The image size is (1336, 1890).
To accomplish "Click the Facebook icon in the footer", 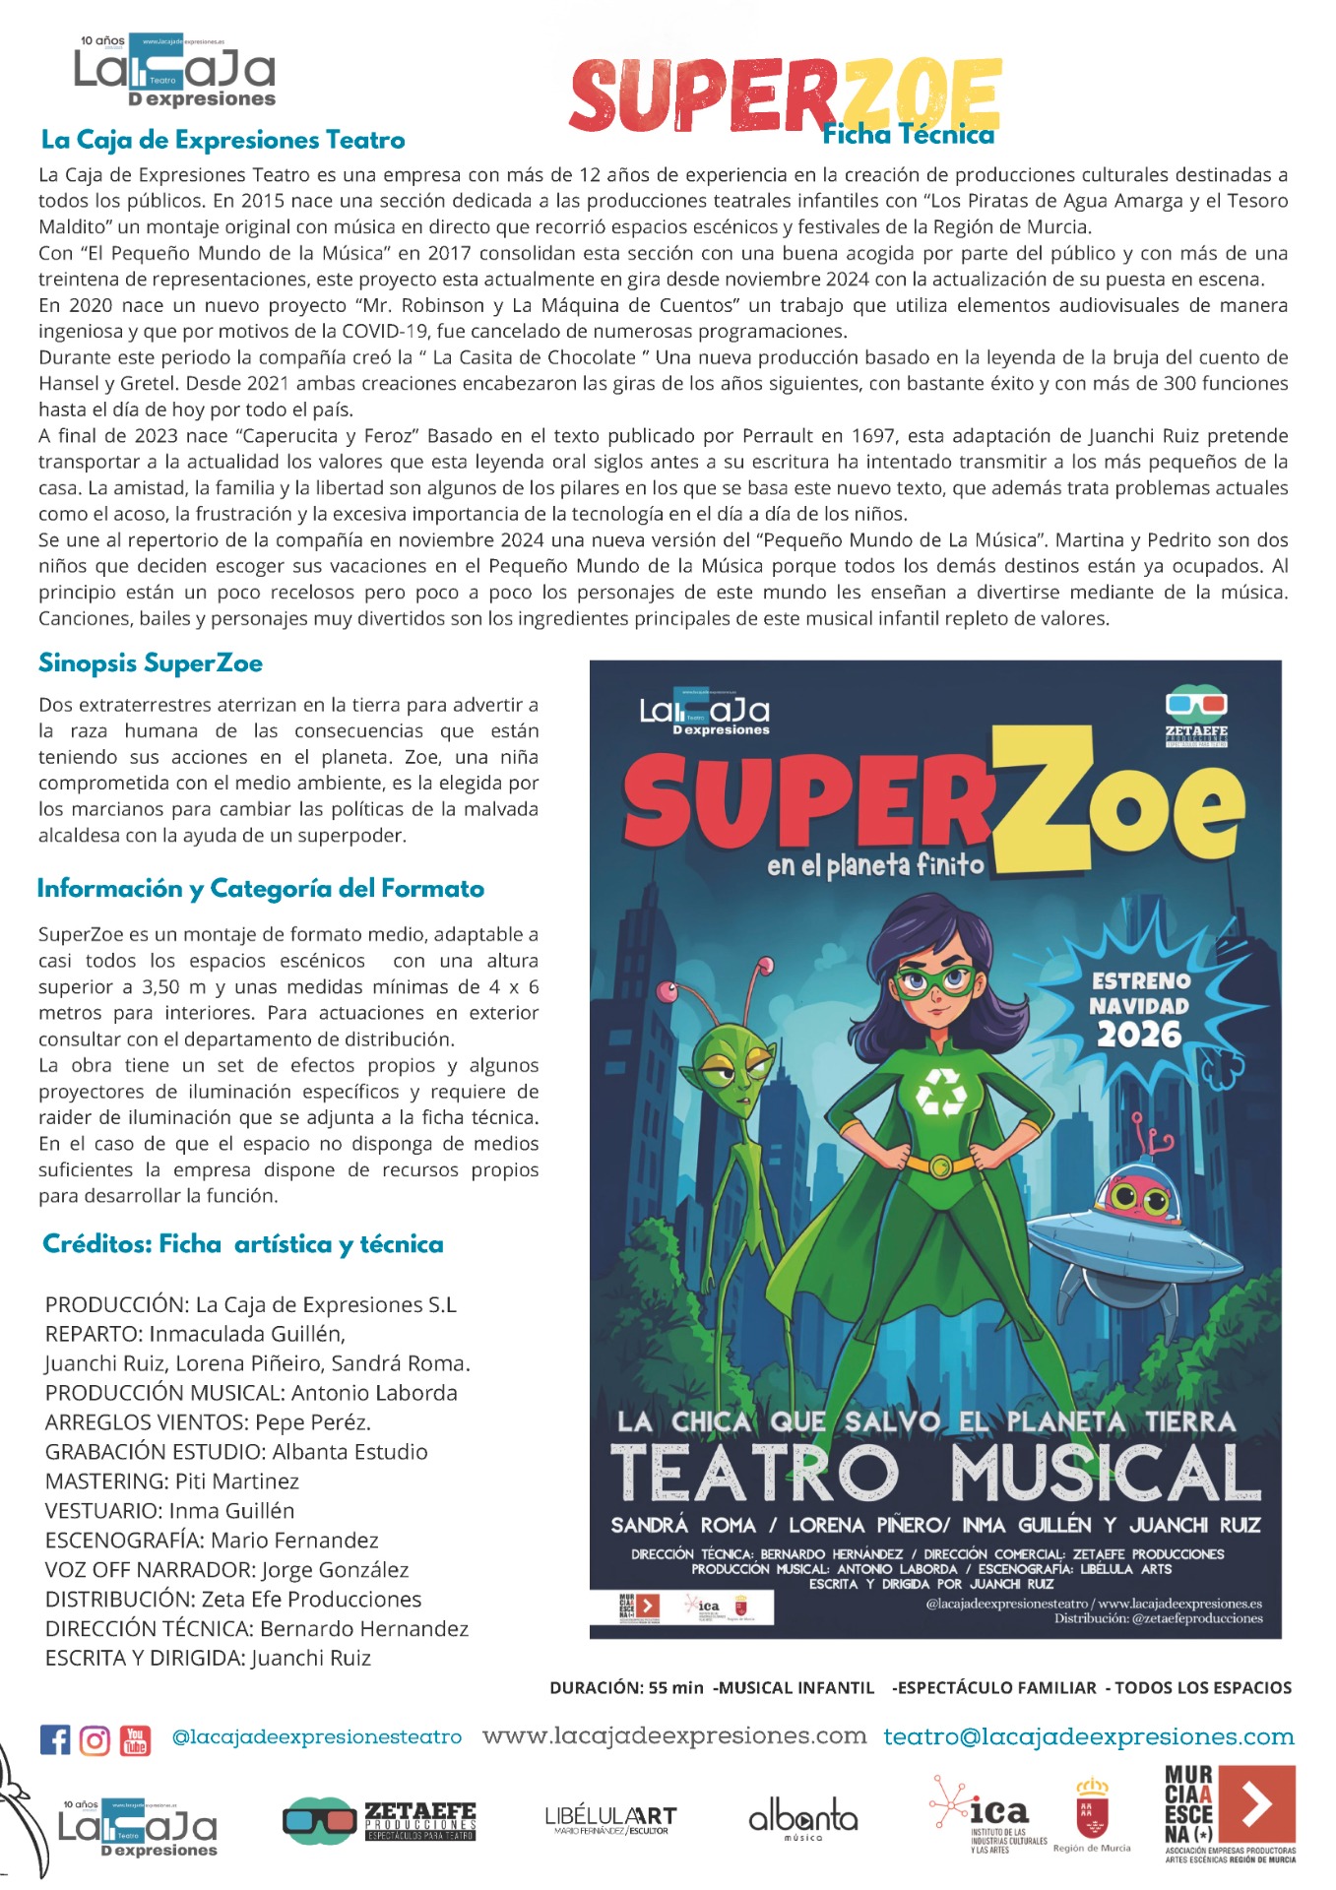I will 55,1739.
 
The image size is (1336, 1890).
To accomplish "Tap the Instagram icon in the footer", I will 95,1739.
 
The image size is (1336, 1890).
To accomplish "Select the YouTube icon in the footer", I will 135,1739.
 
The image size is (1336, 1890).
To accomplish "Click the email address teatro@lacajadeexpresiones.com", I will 1088,1737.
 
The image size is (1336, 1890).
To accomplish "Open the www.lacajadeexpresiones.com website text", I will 674,1735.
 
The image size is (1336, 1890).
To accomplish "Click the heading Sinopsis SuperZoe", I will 151,663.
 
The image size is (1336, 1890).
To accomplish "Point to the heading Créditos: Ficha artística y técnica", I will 243,1244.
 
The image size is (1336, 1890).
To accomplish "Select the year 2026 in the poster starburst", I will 1139,1035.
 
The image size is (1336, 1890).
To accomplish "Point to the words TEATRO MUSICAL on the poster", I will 934,1474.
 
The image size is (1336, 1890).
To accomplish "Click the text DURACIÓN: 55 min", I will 626,1688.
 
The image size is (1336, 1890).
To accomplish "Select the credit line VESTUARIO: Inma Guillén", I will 169,1511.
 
